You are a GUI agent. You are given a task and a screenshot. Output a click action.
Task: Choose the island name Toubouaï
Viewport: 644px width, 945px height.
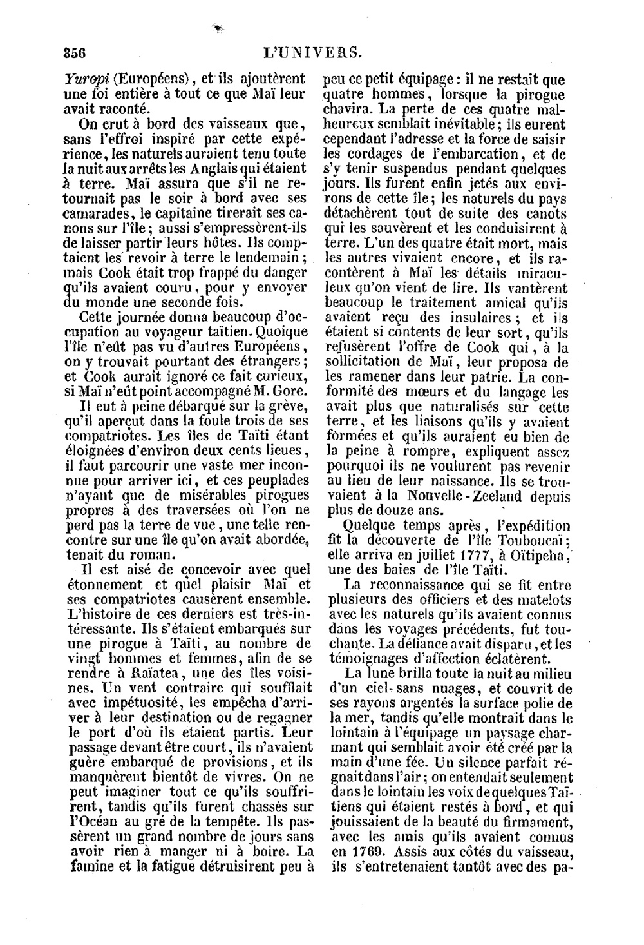pos(529,540)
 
